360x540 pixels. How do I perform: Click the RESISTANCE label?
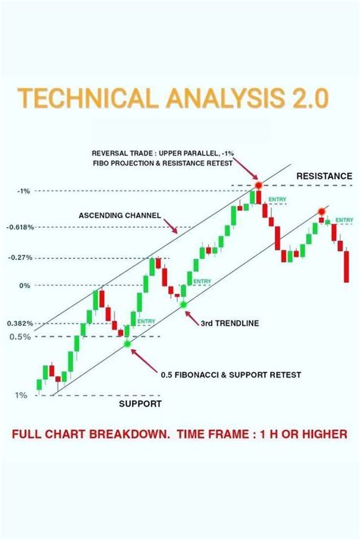point(324,175)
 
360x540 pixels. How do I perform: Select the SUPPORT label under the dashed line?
point(141,404)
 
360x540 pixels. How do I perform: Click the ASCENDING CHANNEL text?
point(119,216)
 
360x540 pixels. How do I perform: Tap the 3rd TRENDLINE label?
point(230,323)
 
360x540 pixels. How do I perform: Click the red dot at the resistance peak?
point(258,185)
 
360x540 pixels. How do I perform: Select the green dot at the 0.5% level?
point(127,344)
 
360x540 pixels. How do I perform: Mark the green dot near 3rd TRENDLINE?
point(183,305)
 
